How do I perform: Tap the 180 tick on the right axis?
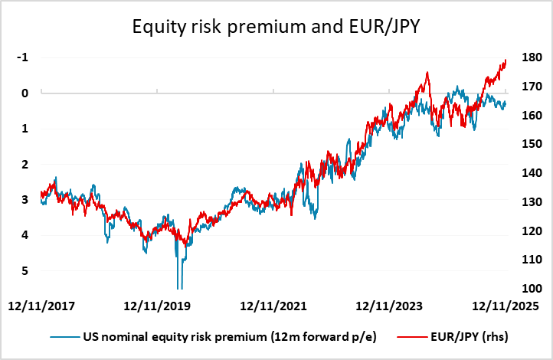[528, 57]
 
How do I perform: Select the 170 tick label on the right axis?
[528, 87]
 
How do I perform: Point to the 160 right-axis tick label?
[528, 116]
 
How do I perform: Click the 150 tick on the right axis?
[528, 144]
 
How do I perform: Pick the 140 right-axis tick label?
[528, 173]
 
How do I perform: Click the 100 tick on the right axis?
[528, 289]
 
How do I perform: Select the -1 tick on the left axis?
[25, 57]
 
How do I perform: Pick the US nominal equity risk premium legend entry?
[222, 336]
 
